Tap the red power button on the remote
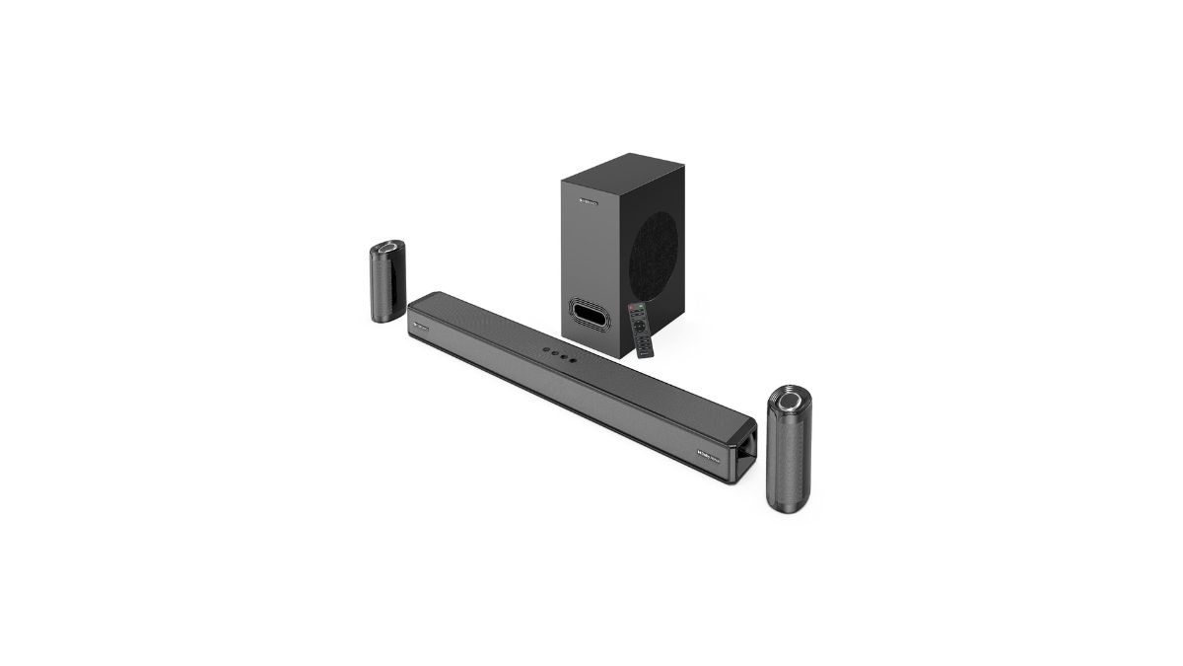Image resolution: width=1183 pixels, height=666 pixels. (x=632, y=308)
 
